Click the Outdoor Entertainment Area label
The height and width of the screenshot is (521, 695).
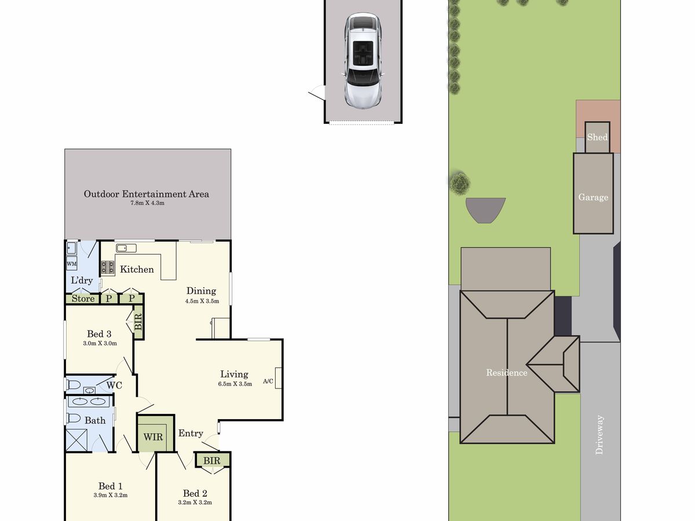(147, 194)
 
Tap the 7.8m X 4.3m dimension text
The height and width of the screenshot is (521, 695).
(147, 203)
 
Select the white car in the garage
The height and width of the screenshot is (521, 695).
(363, 61)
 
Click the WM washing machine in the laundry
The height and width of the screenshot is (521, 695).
(72, 263)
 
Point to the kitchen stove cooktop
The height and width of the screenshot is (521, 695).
(108, 267)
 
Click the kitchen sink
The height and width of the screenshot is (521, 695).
(126, 248)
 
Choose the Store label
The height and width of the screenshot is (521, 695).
(83, 299)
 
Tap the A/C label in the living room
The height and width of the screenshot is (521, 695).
(268, 381)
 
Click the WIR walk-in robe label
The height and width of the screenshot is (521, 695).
(153, 437)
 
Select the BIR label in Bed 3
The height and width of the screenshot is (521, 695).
(138, 322)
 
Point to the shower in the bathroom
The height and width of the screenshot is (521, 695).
(76, 439)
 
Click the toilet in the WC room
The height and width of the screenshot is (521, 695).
(73, 385)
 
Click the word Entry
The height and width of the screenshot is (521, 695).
(191, 434)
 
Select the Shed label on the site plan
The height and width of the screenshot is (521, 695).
(597, 137)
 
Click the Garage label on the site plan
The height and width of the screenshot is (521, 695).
(593, 197)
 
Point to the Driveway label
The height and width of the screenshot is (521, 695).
(599, 435)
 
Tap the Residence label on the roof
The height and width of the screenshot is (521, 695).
(507, 373)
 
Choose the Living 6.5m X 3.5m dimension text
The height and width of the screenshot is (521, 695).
(235, 384)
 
